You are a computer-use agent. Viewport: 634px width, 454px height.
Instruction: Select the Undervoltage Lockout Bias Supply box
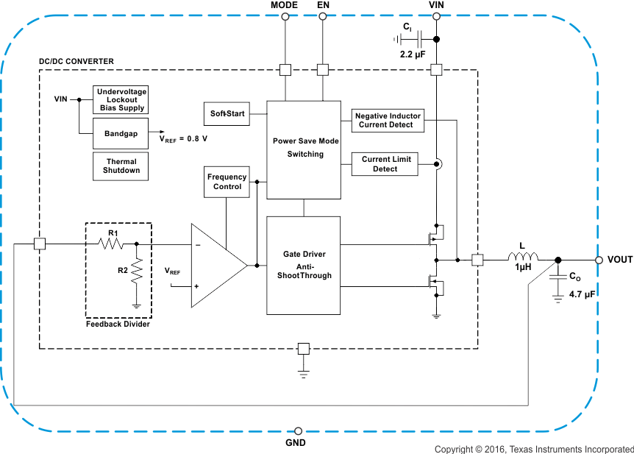(121, 99)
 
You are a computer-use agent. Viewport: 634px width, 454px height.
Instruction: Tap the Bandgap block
(121, 133)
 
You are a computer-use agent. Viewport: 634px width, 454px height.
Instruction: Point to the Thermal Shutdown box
(121, 166)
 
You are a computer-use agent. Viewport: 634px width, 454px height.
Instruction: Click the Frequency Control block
(227, 182)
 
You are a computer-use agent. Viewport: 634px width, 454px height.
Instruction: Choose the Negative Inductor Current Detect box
(388, 120)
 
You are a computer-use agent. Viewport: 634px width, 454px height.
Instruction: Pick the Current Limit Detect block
(385, 164)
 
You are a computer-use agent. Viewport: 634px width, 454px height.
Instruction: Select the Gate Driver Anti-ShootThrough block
(304, 265)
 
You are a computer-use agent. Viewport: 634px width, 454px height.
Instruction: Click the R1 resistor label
(113, 233)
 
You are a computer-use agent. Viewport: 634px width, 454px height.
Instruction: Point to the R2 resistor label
(122, 270)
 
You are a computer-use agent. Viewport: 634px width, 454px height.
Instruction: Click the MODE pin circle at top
(285, 18)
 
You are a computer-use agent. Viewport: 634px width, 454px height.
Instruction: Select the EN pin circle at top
(322, 18)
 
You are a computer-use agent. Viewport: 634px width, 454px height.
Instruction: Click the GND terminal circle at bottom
(297, 430)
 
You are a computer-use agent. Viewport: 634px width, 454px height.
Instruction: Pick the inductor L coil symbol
(523, 258)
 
